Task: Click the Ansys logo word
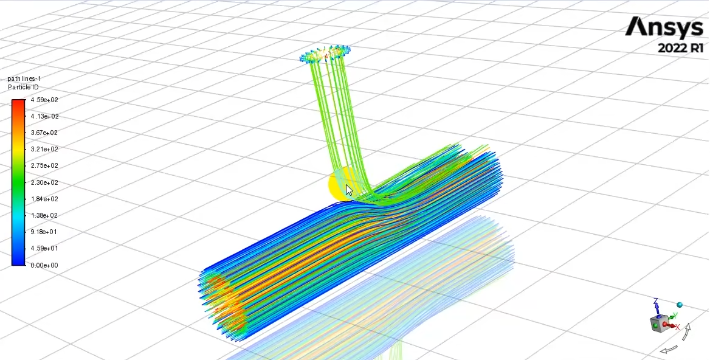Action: coord(664,27)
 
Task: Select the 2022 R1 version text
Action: coord(681,47)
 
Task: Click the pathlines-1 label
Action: coord(24,79)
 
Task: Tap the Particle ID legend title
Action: coord(23,87)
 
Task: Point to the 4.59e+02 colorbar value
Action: coord(44,100)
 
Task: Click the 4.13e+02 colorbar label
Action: coord(44,116)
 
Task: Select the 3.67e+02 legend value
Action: coord(44,133)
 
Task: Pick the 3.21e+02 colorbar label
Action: coord(44,149)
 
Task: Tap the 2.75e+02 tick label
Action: coord(44,166)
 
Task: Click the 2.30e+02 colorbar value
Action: coord(44,182)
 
